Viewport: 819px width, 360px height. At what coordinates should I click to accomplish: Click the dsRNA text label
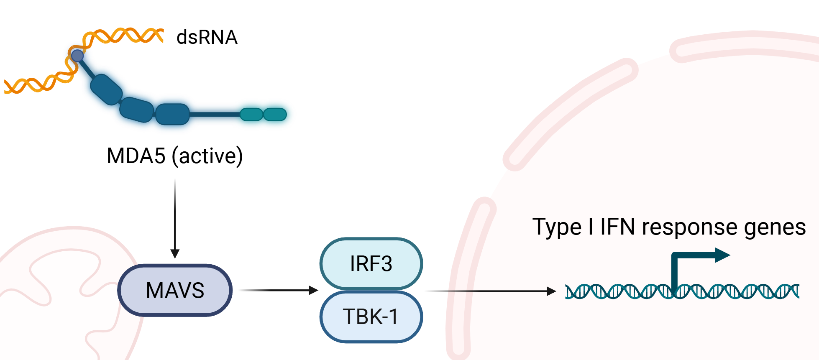[x=207, y=37]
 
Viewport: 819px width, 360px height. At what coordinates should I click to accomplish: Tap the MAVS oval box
[x=175, y=290]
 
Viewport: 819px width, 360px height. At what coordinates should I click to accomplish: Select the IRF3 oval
[x=371, y=264]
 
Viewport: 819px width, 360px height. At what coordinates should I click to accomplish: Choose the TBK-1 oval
[x=371, y=317]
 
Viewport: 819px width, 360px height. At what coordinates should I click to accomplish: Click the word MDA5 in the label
[x=136, y=156]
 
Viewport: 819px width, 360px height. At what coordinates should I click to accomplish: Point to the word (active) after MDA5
[x=207, y=156]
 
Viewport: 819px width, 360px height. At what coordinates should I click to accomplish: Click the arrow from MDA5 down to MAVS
[x=175, y=217]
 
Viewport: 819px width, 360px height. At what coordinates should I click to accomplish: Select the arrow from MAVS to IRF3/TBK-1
[x=278, y=290]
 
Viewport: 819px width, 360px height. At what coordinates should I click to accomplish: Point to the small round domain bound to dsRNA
[x=77, y=56]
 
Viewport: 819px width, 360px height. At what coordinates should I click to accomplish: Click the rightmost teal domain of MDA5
[x=275, y=114]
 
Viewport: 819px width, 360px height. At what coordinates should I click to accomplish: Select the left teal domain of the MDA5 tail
[x=251, y=114]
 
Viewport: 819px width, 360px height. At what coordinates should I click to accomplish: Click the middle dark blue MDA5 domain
[x=136, y=110]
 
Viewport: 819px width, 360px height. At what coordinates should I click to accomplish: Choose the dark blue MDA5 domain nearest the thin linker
[x=172, y=114]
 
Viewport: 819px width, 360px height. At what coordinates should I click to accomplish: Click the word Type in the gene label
[x=556, y=227]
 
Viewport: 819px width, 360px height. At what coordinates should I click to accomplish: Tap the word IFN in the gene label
[x=617, y=227]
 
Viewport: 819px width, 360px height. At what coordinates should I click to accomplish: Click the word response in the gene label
[x=689, y=227]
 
